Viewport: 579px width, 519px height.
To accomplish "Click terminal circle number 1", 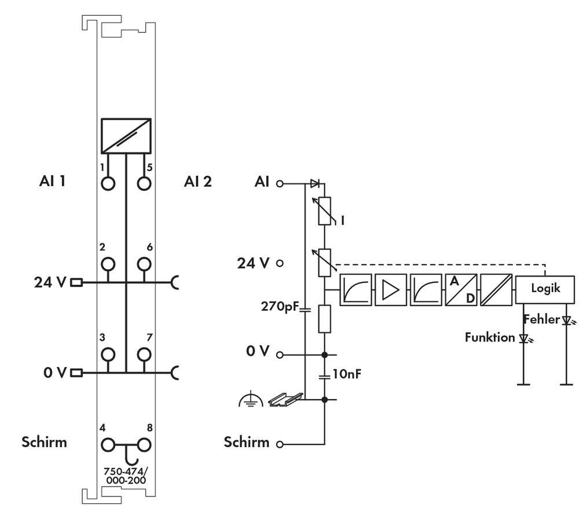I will (107, 183).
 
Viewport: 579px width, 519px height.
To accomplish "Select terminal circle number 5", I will (144, 183).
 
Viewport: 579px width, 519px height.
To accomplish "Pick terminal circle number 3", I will (107, 354).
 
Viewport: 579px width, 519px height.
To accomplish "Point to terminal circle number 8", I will (144, 445).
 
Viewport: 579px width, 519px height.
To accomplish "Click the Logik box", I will (545, 288).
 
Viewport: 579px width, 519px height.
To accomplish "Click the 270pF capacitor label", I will (280, 306).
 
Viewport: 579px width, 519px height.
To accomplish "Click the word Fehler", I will (541, 319).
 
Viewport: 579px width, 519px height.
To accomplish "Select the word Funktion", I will (489, 337).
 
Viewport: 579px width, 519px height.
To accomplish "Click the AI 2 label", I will (198, 182).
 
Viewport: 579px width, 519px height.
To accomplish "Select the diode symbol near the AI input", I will (315, 183).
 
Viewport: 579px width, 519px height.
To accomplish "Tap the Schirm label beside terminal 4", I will (44, 442).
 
